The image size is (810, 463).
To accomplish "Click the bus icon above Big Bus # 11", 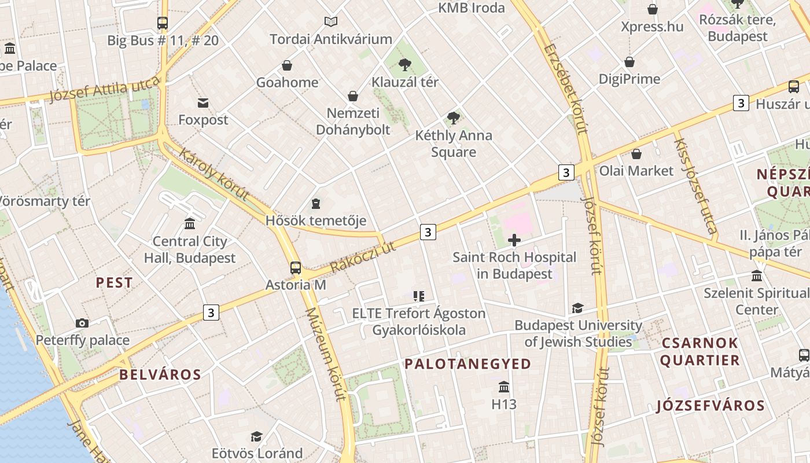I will [163, 23].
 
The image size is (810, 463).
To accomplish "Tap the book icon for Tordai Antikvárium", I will [331, 22].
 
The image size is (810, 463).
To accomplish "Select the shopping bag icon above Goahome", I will [287, 65].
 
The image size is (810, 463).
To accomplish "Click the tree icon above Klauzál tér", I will [405, 65].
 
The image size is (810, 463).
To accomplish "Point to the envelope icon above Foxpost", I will [203, 103].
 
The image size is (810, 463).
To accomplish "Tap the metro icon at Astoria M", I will [296, 268].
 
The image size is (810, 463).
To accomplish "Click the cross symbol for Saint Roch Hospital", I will [514, 240].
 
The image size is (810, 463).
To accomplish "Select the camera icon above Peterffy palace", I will [82, 323].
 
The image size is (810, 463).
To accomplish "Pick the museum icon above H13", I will [504, 387].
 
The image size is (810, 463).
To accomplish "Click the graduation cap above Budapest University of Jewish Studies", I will [577, 308].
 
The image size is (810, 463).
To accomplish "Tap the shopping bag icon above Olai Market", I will [636, 154].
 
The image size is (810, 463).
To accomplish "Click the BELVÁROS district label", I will [160, 374].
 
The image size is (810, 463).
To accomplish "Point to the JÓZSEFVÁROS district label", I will [710, 406].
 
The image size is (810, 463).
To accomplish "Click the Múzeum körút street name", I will [325, 354].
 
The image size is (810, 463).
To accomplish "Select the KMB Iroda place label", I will [472, 8].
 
